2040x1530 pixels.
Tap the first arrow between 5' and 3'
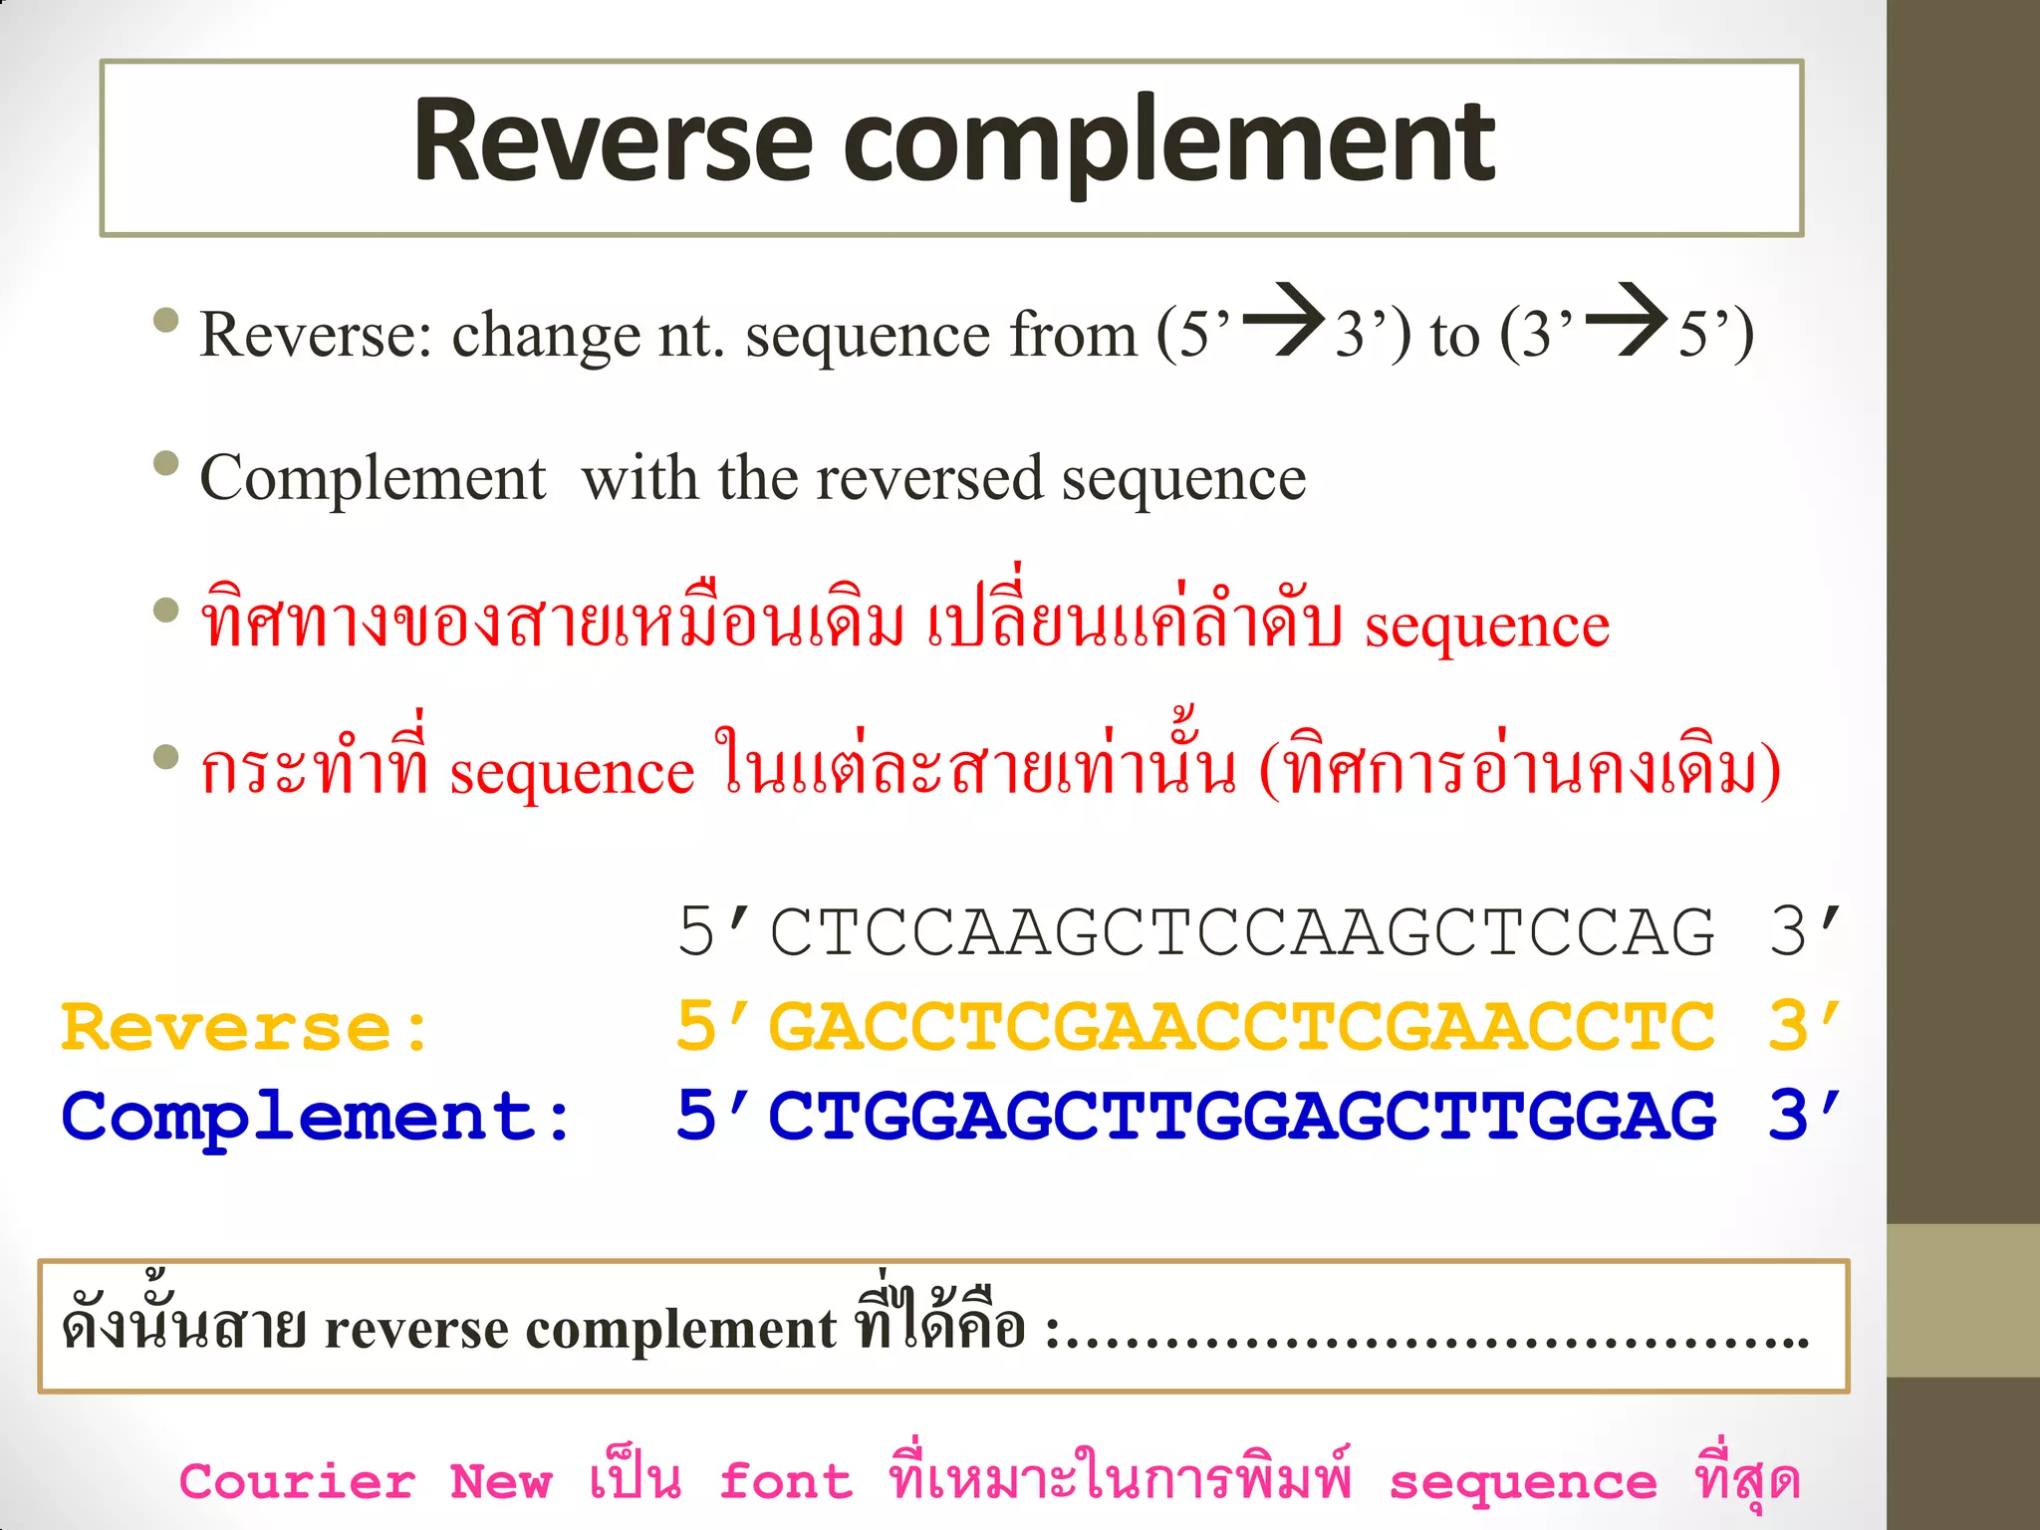pos(1284,320)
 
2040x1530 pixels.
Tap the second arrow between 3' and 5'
pos(1627,320)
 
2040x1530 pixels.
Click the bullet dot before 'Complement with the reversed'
pos(166,464)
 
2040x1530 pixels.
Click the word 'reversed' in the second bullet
pos(928,479)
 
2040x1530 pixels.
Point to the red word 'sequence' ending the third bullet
pos(1486,627)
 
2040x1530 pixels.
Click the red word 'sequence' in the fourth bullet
pos(572,772)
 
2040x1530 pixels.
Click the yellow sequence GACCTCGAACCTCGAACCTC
pos(1241,1027)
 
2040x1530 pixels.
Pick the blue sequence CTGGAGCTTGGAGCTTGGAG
pos(1241,1116)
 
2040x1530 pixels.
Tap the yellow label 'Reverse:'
pos(245,1027)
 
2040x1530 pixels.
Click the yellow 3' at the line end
pos(1804,1027)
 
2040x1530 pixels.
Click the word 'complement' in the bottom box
pos(680,1329)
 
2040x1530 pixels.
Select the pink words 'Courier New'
pos(365,1482)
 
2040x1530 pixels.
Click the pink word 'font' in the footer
pos(786,1482)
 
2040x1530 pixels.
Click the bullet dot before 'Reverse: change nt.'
pos(166,321)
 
